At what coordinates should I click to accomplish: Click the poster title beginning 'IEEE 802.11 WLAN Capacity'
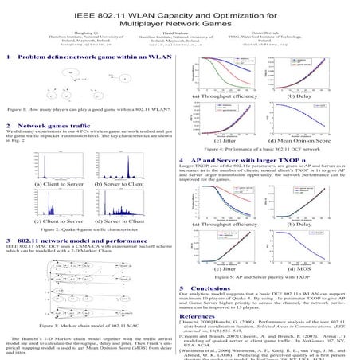(179, 17)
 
